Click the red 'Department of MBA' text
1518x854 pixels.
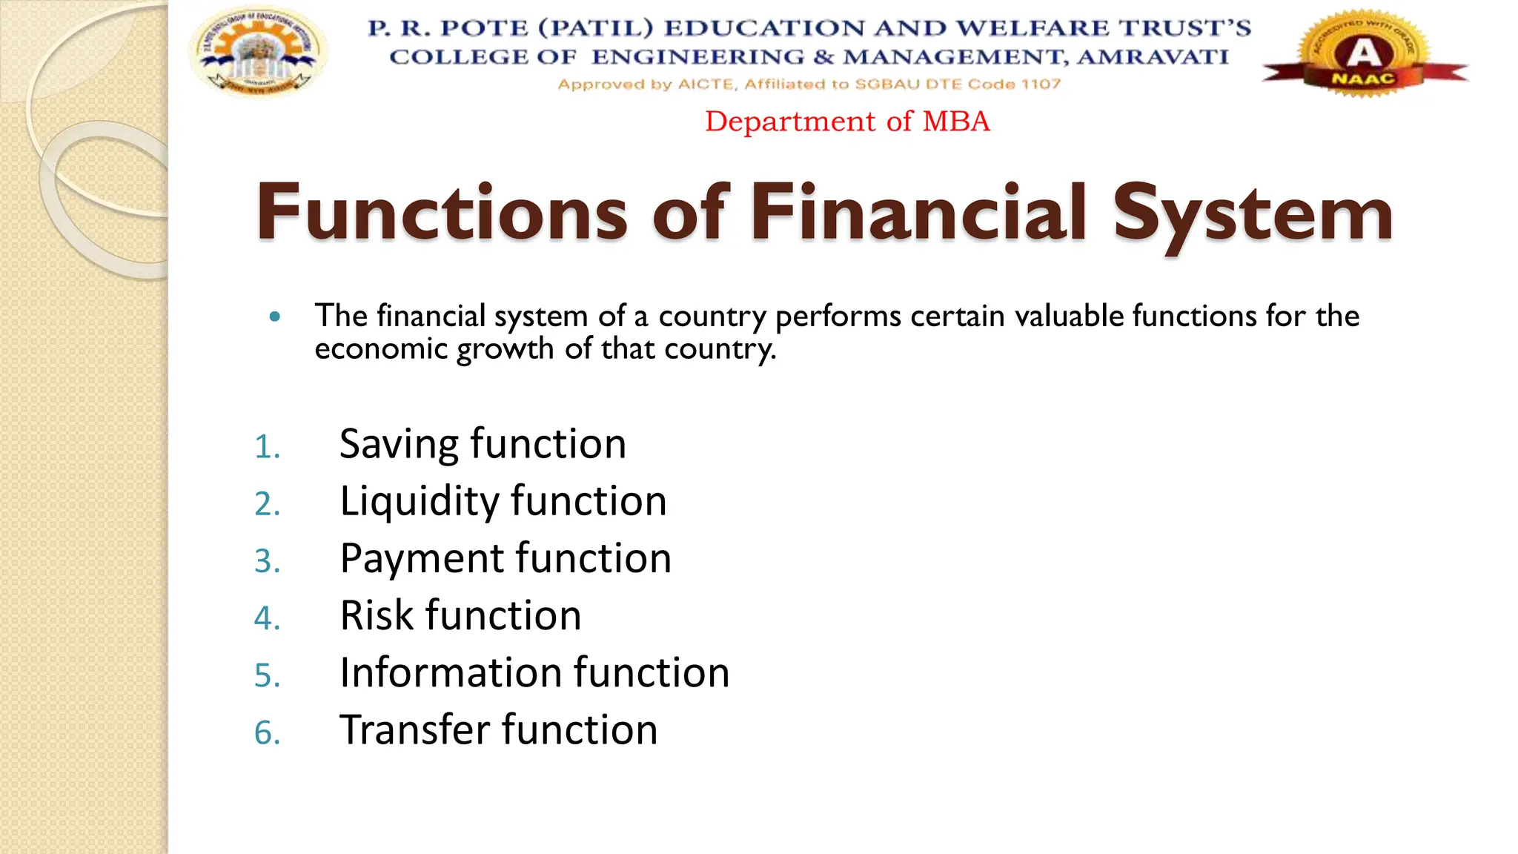pos(847,122)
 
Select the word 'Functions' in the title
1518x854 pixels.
pos(443,213)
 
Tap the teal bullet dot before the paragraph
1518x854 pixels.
pos(276,317)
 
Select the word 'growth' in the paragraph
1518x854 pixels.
pos(505,349)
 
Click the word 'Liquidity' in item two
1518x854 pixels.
pos(419,502)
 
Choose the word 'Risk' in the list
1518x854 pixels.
pos(376,615)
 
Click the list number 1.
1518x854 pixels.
pos(266,447)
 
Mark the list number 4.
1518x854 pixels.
pos(266,618)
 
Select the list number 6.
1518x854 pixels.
pos(266,732)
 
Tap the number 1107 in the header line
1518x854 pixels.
pos(1041,85)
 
